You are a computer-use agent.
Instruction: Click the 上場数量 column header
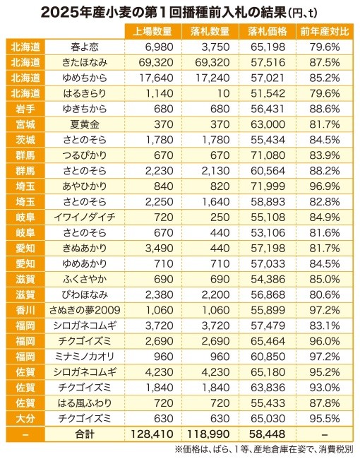(x=152, y=31)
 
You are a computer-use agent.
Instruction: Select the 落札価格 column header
(x=268, y=31)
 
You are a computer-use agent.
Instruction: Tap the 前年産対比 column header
(x=325, y=31)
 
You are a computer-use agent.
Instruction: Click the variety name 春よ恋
(x=85, y=47)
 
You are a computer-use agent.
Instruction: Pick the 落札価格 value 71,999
(x=268, y=186)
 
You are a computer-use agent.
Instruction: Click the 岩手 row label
(x=25, y=109)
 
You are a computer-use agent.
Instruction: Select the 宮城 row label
(x=25, y=124)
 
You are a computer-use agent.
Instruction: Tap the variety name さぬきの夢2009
(x=85, y=310)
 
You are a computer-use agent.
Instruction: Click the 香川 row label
(x=25, y=310)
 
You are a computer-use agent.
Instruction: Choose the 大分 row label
(x=25, y=418)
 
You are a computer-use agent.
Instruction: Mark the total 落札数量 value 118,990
(x=208, y=434)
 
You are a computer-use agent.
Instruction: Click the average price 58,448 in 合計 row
(x=268, y=434)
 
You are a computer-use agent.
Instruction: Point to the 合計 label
(x=85, y=434)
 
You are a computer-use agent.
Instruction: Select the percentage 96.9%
(x=325, y=186)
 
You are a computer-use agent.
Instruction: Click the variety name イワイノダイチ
(x=85, y=217)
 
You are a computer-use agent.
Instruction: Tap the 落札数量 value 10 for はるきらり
(x=224, y=93)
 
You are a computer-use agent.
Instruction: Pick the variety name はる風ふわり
(x=85, y=403)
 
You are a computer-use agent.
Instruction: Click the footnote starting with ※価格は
(x=264, y=449)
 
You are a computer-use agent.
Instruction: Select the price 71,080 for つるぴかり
(x=268, y=155)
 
